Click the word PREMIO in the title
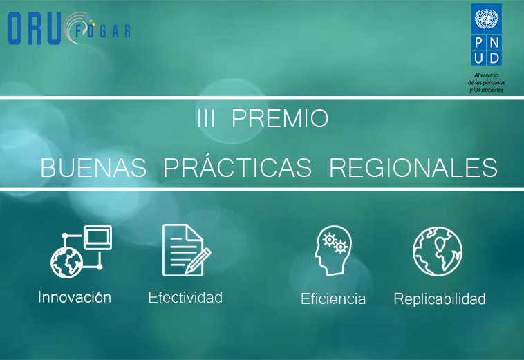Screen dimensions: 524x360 [x=280, y=118]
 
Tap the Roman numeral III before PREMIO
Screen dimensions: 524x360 [x=205, y=118]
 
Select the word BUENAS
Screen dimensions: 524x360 [x=93, y=167]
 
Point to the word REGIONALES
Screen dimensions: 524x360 [x=413, y=167]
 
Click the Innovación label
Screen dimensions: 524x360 [x=75, y=297]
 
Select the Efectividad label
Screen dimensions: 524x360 [x=185, y=297]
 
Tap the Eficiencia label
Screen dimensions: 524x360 [x=333, y=299]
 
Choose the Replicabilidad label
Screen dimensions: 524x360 [x=440, y=299]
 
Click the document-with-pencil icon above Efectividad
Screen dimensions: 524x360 [x=187, y=250]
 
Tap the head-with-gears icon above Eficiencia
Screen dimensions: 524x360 [x=333, y=250]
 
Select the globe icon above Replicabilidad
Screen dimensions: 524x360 [x=438, y=252]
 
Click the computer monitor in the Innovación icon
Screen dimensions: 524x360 [x=97, y=238]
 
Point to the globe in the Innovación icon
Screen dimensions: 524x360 [x=66, y=263]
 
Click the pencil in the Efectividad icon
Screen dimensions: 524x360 [x=198, y=260]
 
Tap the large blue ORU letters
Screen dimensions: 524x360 [x=34, y=28]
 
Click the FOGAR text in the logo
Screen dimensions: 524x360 [x=102, y=31]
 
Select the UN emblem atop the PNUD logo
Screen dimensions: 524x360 [x=486, y=19]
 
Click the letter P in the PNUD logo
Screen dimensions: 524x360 [x=478, y=43]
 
